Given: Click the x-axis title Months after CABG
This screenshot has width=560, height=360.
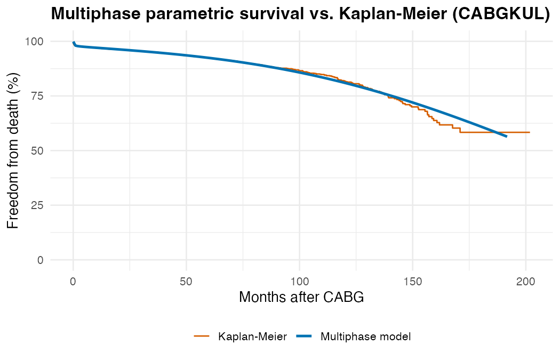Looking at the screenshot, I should coord(301,298).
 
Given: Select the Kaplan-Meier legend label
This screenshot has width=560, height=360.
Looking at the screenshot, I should coord(253,337).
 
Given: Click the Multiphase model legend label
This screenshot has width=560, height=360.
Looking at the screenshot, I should coord(365,337).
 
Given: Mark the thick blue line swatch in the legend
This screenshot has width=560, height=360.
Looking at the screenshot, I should coord(304,337).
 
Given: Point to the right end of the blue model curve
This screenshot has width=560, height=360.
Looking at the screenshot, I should coord(506,137).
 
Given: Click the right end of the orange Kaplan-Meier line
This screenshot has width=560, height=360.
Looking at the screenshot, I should coord(530,132).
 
